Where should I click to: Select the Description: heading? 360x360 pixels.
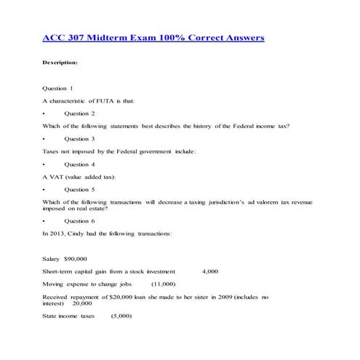pos(65,63)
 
